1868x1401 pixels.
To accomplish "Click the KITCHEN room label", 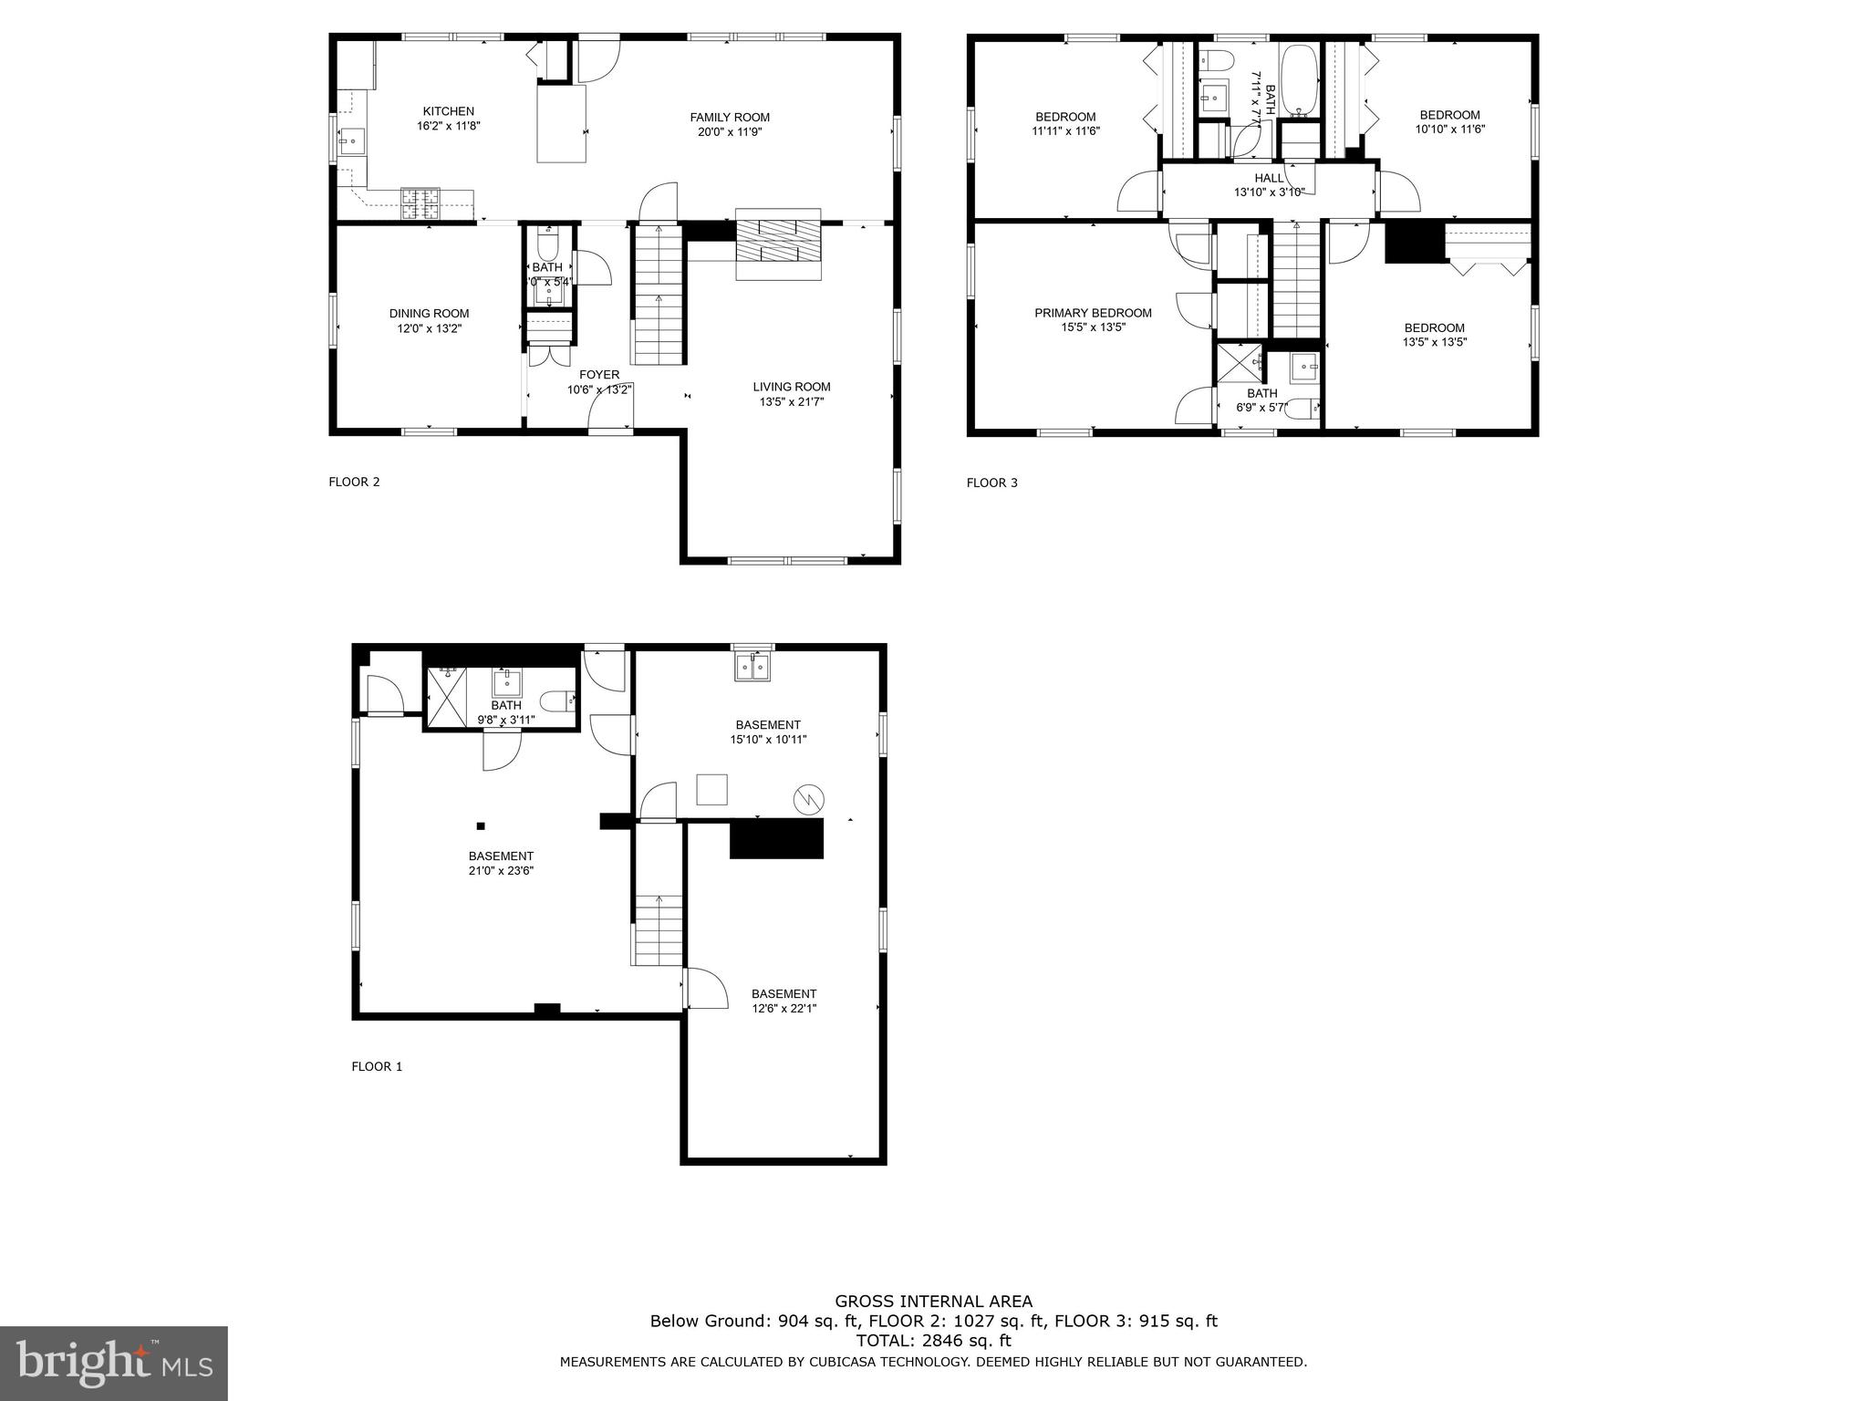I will pos(448,111).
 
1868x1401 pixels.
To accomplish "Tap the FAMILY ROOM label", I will pos(729,117).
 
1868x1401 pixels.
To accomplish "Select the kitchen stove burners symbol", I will pos(420,203).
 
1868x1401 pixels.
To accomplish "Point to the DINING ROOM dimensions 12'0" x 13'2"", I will pos(429,328).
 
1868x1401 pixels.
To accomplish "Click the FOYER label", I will pos(599,375).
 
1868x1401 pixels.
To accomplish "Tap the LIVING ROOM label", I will pos(791,387).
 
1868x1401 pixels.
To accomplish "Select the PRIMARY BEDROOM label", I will pos(1093,313).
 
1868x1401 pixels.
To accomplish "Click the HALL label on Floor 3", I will pos(1268,178).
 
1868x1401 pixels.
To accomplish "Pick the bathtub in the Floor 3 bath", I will pos(1298,82).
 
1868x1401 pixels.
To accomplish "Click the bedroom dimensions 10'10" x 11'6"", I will pos(1449,130).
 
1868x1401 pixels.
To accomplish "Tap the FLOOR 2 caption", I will pos(354,482).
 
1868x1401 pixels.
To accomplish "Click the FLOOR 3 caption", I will pos(991,483).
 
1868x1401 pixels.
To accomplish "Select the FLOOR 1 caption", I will pos(377,1066).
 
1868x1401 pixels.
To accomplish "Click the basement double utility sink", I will pos(753,668).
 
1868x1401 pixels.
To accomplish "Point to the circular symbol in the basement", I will pos(809,800).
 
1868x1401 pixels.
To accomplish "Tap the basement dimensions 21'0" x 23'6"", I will pos(501,870).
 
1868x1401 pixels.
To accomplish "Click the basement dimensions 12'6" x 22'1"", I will pos(784,1009).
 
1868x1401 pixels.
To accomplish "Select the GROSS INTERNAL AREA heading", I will pos(933,1302).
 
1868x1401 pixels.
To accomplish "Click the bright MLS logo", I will pos(113,1364).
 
